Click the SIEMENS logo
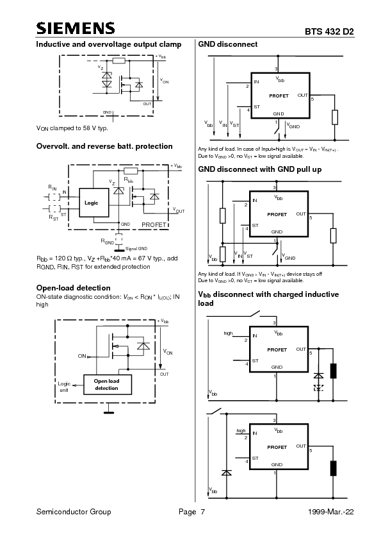point(76,28)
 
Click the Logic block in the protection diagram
point(91,202)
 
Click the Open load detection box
point(106,384)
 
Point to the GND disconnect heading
point(228,44)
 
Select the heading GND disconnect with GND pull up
point(259,169)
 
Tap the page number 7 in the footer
point(202,512)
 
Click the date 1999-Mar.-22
point(330,512)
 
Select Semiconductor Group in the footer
point(74,512)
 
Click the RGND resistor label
point(107,242)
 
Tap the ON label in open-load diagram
point(81,355)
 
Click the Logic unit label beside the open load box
point(64,387)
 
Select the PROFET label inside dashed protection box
point(154,224)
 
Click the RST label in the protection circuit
point(53,218)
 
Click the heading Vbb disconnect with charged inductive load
point(268,298)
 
